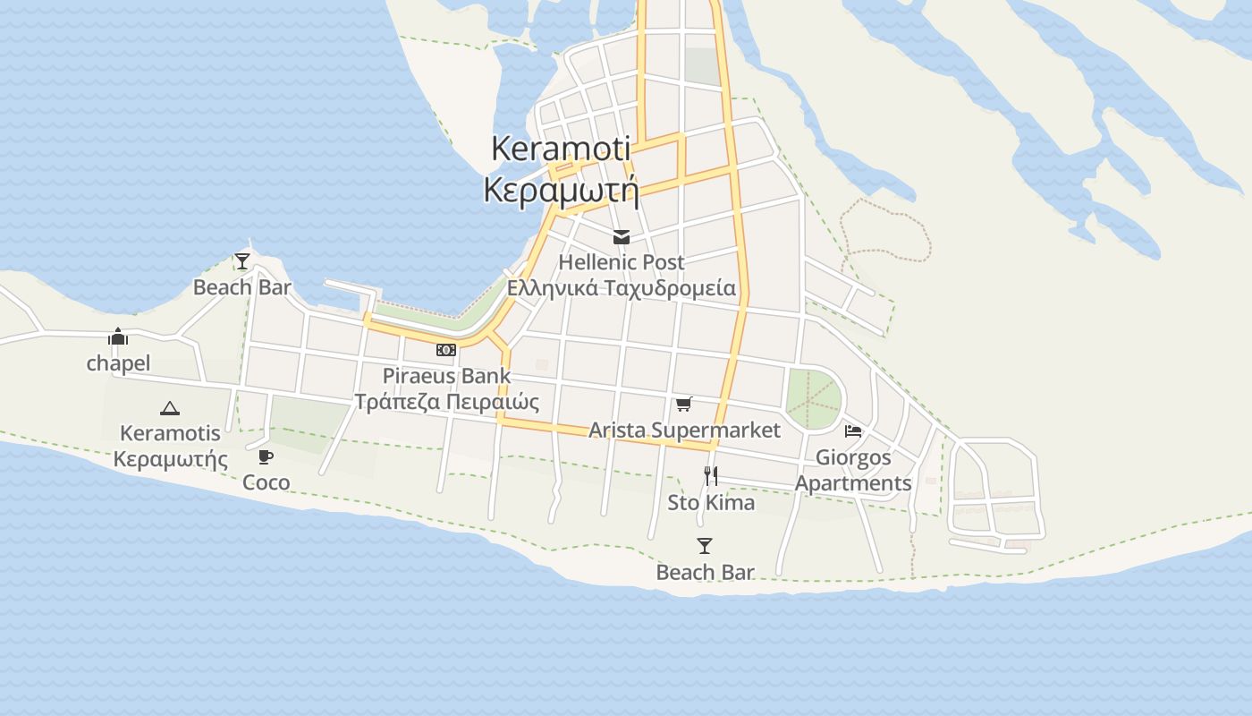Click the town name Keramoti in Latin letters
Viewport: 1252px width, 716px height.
561,149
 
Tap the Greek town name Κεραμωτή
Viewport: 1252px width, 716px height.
561,190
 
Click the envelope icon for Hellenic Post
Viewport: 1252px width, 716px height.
622,237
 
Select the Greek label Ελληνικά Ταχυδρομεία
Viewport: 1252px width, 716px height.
622,288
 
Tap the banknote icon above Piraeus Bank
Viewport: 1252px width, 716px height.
446,350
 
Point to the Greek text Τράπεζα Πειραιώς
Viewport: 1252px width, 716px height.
447,402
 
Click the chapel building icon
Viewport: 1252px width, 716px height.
118,337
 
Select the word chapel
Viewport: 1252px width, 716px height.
118,363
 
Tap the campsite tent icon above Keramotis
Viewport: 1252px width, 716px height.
170,409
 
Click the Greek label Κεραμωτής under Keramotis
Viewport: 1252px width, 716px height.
170,459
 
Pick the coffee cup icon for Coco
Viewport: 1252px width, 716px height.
266,457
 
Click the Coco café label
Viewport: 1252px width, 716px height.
266,482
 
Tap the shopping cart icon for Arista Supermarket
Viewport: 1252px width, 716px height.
684,405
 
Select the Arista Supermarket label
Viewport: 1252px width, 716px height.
684,430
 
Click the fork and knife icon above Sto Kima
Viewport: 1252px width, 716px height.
711,476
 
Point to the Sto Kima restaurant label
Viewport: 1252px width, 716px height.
711,503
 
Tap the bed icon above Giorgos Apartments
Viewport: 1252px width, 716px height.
853,431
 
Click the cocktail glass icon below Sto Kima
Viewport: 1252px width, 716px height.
705,546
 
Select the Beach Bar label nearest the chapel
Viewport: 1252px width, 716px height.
242,287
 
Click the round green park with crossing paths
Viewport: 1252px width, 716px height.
814,397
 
